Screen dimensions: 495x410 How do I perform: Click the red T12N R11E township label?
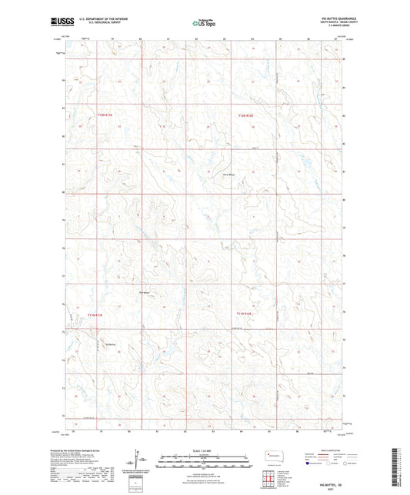(105, 115)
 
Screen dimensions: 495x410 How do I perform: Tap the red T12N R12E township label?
(245, 115)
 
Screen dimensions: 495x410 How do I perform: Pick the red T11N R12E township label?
(245, 314)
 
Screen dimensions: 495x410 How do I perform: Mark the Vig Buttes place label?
(109, 344)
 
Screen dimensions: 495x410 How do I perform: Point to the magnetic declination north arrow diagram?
(138, 462)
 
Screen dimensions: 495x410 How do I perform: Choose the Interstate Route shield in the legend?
(309, 463)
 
